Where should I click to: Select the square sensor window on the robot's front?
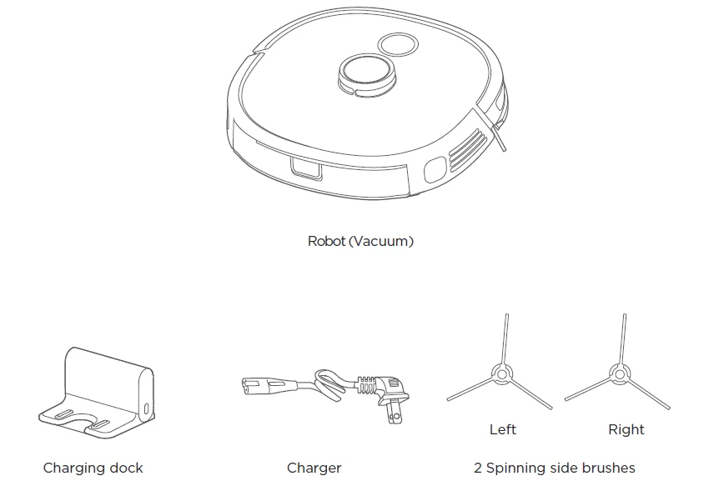[x=304, y=169]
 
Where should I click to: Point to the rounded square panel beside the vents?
[x=435, y=169]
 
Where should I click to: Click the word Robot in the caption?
[x=326, y=242]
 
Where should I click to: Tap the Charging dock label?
[x=93, y=468]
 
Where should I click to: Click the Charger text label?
[x=314, y=468]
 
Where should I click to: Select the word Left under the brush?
[x=502, y=429]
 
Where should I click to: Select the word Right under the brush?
[x=626, y=429]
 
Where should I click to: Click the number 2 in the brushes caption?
[x=478, y=468]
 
